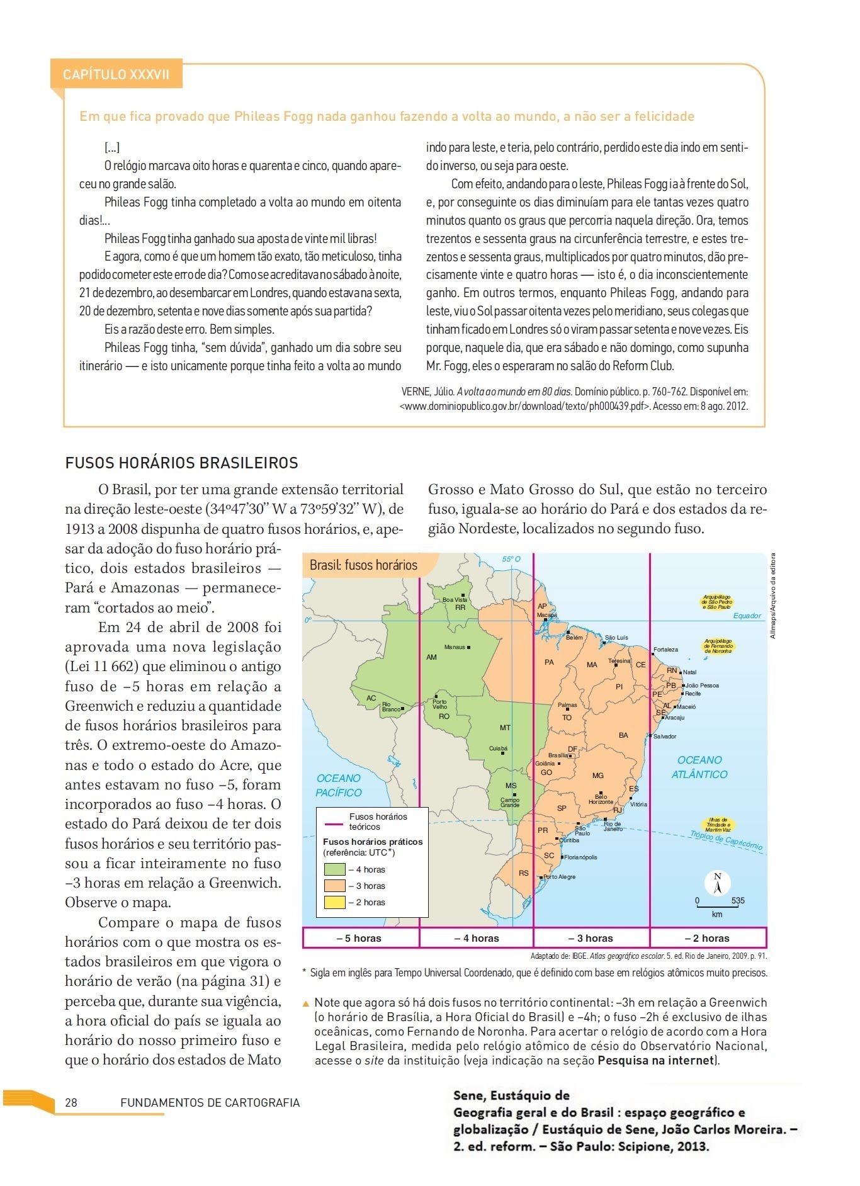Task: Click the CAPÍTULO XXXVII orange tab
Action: [x=116, y=75]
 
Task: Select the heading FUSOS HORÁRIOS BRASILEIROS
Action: [x=181, y=463]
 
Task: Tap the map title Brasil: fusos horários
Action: [x=363, y=565]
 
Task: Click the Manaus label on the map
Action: [x=455, y=647]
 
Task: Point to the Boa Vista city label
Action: [x=455, y=600]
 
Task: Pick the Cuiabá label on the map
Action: [x=498, y=748]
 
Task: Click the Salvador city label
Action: [x=664, y=736]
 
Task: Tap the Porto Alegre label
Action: [x=559, y=877]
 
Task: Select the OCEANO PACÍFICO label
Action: [x=339, y=786]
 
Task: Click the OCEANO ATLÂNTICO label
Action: [x=699, y=767]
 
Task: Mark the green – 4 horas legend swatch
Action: [x=335, y=869]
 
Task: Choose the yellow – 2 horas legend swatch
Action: [x=335, y=902]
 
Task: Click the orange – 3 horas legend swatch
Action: [x=335, y=886]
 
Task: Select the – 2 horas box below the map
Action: [x=708, y=938]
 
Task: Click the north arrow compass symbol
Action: [x=717, y=882]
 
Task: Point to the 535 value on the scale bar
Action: [x=738, y=901]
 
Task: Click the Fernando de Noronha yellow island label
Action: [x=718, y=646]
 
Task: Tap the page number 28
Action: [x=71, y=1103]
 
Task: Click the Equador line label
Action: [x=747, y=616]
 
